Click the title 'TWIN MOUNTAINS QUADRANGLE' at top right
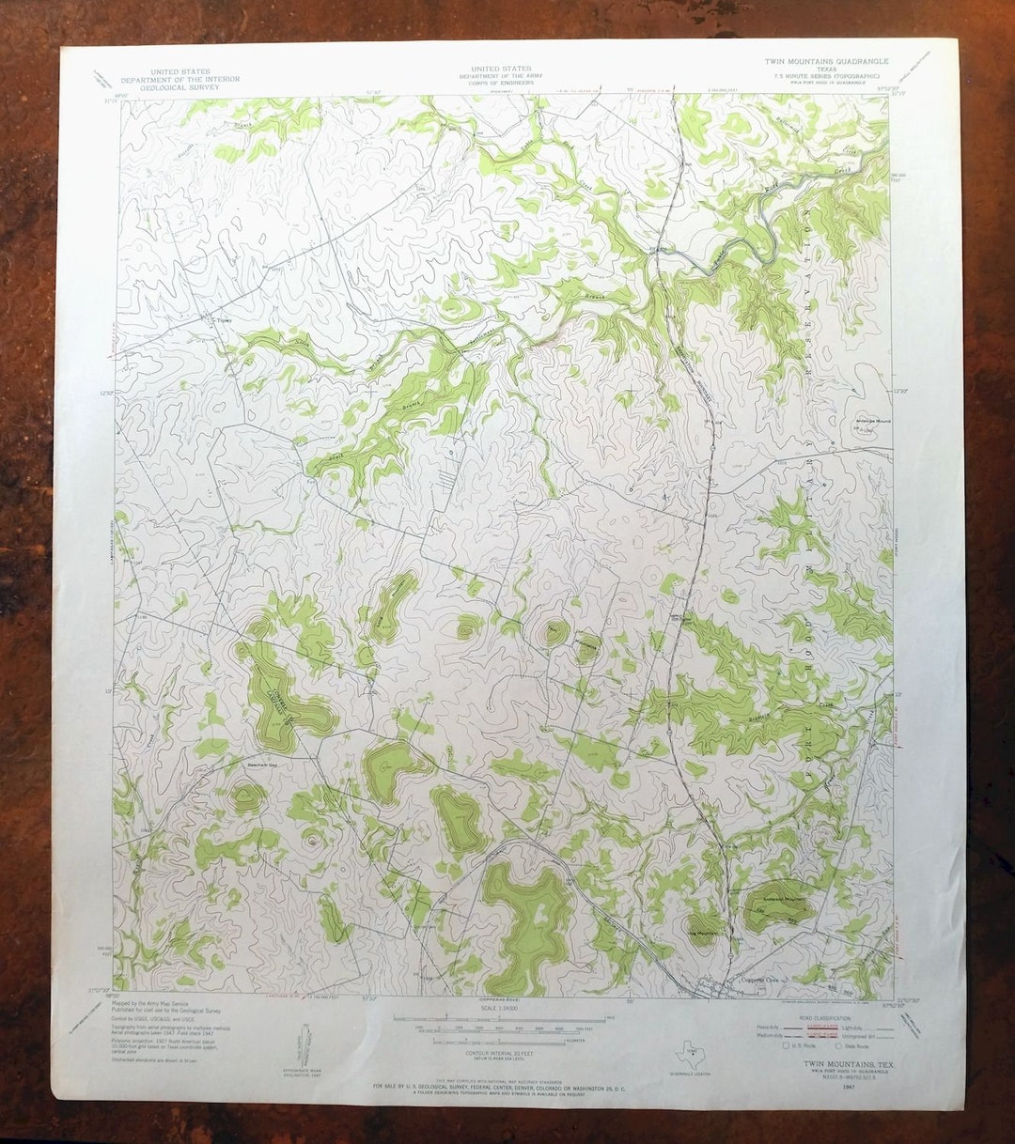point(826,61)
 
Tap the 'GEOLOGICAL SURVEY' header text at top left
point(180,87)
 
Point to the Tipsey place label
point(222,319)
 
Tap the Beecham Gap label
point(262,765)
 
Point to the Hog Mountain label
point(706,933)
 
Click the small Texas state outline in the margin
point(690,1054)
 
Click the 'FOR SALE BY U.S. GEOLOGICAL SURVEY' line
point(504,1085)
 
